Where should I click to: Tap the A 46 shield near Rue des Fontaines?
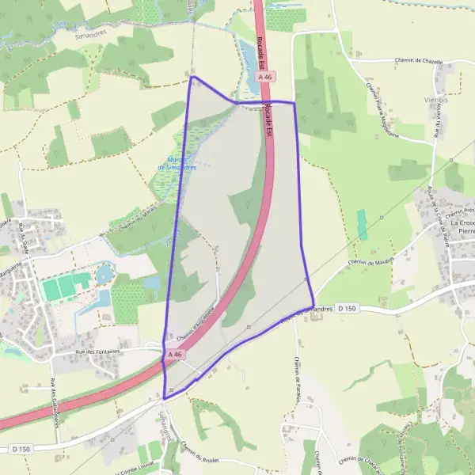[x=176, y=355]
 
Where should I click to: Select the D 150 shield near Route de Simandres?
[x=347, y=307]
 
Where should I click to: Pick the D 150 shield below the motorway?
[x=21, y=449]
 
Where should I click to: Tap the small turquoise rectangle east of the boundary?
[x=363, y=224]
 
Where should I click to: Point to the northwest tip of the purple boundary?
[x=192, y=78]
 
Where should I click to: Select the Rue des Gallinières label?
[x=55, y=404]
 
